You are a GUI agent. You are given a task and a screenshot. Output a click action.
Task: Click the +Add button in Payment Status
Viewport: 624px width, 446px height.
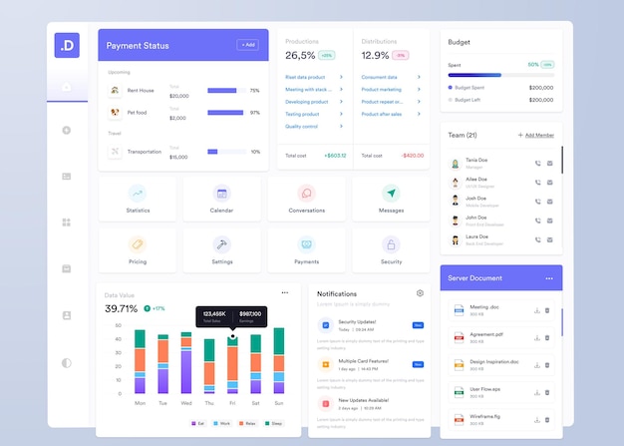coord(247,45)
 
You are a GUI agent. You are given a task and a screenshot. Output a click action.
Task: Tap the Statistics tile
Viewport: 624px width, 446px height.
coord(138,199)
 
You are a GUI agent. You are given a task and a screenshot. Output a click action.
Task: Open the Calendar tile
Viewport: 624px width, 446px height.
coord(221,199)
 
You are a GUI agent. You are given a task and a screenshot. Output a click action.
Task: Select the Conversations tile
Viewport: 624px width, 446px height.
coord(306,199)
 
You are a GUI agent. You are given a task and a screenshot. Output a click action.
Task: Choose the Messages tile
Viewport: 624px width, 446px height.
coord(391,199)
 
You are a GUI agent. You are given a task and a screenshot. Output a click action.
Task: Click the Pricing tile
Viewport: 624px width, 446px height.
coord(138,249)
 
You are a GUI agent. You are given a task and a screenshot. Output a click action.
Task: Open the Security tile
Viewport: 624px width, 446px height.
coord(391,249)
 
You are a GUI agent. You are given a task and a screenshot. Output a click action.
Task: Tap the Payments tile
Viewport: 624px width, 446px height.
coord(306,249)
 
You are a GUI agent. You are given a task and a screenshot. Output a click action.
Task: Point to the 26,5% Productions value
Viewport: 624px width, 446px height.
coord(300,56)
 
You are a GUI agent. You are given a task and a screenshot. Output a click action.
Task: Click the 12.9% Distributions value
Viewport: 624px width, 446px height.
coord(375,56)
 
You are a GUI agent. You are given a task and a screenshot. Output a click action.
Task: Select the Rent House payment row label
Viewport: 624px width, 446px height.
coord(141,91)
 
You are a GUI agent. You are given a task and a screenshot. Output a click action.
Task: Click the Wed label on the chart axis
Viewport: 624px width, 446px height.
coord(186,403)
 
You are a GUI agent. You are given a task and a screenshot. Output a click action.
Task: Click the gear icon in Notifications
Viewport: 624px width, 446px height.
coord(420,293)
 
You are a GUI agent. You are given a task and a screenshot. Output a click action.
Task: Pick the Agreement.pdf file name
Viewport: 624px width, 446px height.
coord(486,334)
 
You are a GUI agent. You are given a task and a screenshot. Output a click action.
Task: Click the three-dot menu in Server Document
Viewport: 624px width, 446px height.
coord(548,278)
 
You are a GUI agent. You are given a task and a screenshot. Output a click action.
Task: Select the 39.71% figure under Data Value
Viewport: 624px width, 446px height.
coord(122,309)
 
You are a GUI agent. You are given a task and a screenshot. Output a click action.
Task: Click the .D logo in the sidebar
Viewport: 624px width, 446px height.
coord(67,45)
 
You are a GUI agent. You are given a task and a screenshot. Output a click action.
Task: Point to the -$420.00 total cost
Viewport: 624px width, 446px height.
coord(412,156)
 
